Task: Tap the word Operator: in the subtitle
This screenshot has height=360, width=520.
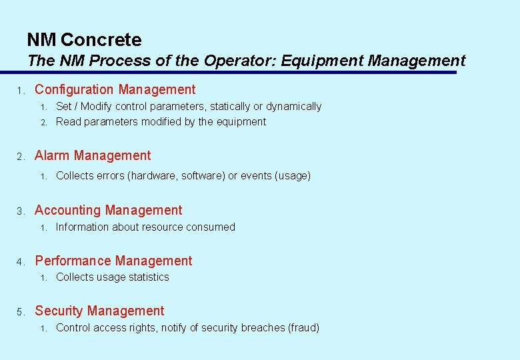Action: [x=239, y=61]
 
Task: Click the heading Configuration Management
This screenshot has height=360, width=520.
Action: [x=115, y=89]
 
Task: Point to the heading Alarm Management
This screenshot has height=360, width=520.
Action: [x=93, y=155]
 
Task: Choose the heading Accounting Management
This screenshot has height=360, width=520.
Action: [x=108, y=210]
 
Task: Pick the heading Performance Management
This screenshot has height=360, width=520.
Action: [x=113, y=261]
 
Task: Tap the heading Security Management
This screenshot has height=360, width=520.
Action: [x=99, y=311]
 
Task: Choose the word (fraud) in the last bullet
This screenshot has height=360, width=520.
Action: [x=303, y=327]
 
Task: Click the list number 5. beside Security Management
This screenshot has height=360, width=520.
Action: [x=21, y=312]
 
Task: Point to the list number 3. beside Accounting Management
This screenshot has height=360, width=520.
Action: [x=21, y=211]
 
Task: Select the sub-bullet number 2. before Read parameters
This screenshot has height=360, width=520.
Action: [x=43, y=122]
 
